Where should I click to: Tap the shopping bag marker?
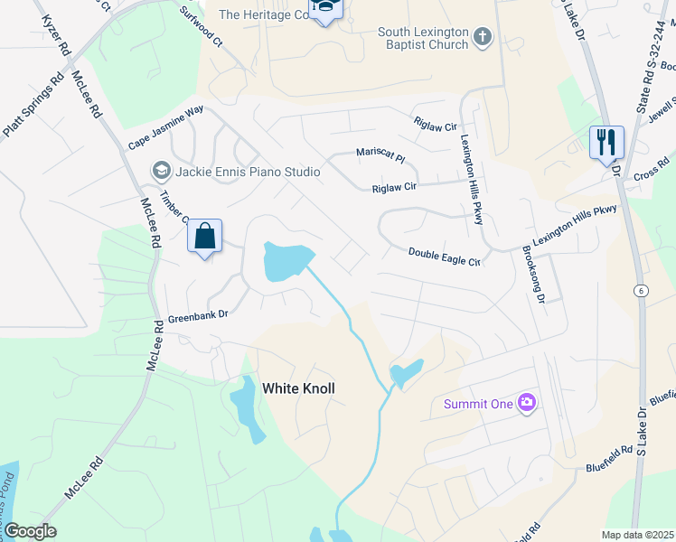coord(205,237)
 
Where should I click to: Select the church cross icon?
coord(484,37)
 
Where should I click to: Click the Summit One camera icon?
coord(526,404)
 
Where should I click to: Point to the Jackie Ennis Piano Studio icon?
coord(162,171)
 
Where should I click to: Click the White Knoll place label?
coord(298,388)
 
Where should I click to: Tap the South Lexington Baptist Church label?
coord(423,38)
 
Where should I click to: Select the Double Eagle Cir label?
coord(443,257)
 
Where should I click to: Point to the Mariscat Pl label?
coord(380,155)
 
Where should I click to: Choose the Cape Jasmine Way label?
coord(165,128)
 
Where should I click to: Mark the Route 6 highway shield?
coord(641,290)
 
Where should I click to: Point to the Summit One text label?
coord(478,404)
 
